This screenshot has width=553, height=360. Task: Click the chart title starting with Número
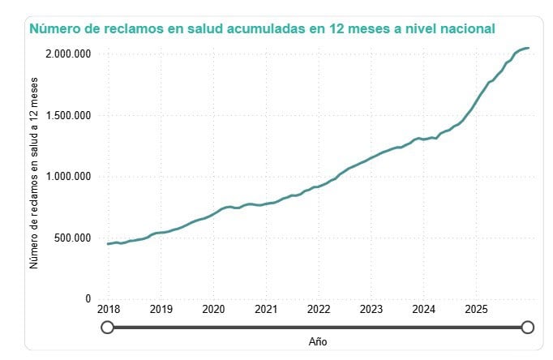(262, 29)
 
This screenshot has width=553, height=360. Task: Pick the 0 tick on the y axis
(88, 299)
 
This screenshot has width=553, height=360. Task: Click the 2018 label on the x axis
(108, 309)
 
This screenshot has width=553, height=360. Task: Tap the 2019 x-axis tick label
(161, 309)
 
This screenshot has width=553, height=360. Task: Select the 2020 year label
(213, 309)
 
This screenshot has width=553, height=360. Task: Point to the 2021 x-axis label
(266, 309)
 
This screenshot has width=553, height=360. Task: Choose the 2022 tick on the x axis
(319, 309)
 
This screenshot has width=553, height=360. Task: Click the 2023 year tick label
(371, 309)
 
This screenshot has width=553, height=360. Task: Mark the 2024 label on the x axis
(424, 309)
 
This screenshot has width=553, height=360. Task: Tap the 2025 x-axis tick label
(476, 309)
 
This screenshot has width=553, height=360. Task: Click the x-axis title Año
(318, 342)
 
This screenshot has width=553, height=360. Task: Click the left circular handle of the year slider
(107, 327)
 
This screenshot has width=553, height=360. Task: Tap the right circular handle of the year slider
(528, 327)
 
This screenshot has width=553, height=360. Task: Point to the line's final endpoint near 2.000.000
(529, 48)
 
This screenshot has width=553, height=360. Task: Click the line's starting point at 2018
(108, 243)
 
